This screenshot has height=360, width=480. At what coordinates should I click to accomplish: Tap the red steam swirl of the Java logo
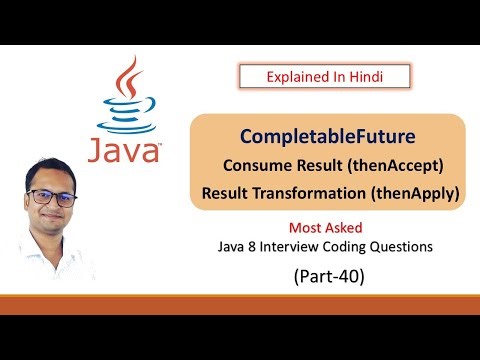pyautogui.click(x=125, y=79)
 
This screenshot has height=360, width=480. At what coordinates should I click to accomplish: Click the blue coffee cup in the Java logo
pyautogui.click(x=124, y=115)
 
